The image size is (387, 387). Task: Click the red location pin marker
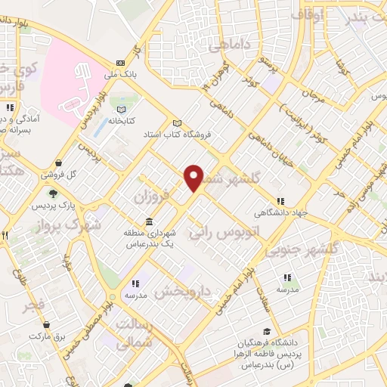(194, 177)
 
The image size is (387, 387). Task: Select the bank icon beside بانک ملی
(120, 63)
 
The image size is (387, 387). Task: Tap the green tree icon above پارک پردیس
(51, 194)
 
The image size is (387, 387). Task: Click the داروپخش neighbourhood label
(185, 289)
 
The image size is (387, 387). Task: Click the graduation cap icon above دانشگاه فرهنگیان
(266, 332)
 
